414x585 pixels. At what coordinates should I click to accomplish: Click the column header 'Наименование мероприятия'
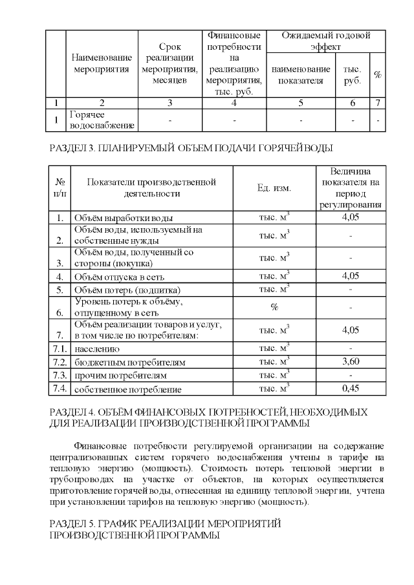tap(102, 63)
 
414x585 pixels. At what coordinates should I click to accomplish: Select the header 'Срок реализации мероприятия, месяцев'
tap(169, 63)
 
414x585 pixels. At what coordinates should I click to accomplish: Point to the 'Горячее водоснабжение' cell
tap(102, 120)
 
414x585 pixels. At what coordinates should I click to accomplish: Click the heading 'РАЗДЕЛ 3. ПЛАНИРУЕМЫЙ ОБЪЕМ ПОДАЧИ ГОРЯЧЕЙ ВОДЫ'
tap(191, 148)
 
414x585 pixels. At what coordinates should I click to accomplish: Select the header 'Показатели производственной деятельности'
tap(151, 187)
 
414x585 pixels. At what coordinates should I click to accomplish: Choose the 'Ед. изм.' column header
tap(274, 188)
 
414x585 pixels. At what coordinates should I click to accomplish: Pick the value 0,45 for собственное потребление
tap(350, 388)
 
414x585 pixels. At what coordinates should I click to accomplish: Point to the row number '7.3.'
tap(60, 375)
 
